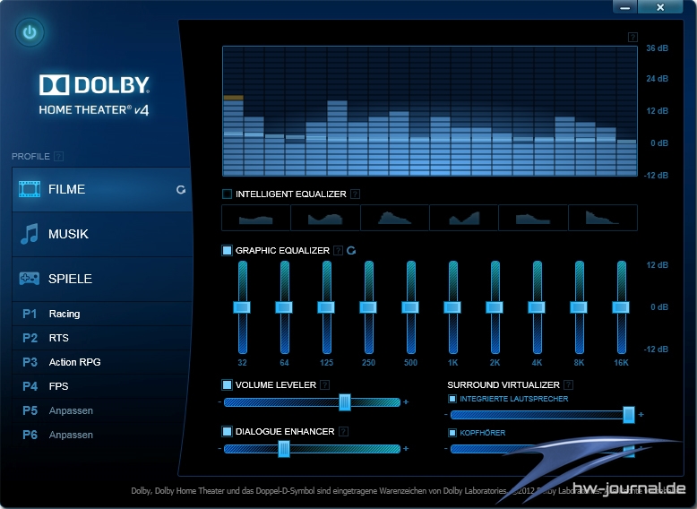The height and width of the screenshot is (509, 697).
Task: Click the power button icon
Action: pos(30,33)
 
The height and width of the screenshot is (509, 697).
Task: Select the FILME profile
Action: pos(101,189)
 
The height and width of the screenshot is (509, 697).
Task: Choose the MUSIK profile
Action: pos(101,234)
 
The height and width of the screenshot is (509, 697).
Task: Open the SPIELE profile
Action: pos(101,279)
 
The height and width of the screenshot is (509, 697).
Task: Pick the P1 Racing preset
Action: pos(65,314)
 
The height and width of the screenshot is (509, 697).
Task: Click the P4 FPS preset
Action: pos(58,386)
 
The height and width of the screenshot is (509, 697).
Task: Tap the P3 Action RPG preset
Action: pos(75,362)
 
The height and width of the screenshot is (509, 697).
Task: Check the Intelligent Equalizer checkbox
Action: pos(227,194)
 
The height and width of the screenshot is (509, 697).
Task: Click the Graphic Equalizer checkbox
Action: pos(227,251)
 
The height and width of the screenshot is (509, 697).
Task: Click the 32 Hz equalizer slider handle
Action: pos(243,307)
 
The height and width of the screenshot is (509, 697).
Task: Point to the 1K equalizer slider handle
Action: pos(453,307)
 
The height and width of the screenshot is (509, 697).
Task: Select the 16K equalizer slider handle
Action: pos(621,307)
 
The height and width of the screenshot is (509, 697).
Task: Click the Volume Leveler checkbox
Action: pos(227,384)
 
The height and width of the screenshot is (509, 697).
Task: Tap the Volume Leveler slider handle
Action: pos(345,402)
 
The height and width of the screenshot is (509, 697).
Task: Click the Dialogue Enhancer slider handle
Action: pos(284,449)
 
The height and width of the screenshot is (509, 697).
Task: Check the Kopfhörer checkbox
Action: pos(452,433)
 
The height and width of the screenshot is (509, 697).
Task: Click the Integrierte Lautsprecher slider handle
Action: pos(629,414)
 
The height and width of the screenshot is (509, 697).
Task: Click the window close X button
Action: pos(661,7)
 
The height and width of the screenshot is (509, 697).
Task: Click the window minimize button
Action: pos(624,7)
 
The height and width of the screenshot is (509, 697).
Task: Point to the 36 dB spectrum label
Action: pos(657,47)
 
